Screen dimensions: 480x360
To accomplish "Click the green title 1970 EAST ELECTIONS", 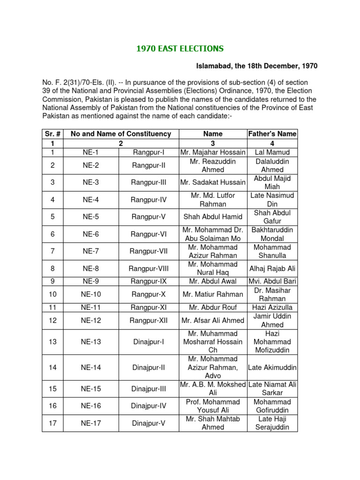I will [180, 49].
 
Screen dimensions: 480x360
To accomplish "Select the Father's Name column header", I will [272, 134].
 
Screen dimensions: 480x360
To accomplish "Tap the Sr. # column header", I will [53, 134].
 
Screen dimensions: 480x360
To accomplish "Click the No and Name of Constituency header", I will [121, 134].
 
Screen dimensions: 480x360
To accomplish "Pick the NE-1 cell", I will [91, 152].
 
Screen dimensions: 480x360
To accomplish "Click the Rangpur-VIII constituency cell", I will [149, 269].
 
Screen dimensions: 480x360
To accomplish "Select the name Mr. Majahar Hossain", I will [213, 152].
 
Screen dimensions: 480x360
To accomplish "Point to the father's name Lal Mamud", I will [272, 152].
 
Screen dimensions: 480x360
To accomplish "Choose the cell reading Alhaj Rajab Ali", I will [272, 269].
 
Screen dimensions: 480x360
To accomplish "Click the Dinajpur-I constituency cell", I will [149, 342].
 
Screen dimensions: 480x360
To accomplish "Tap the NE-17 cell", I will [91, 423].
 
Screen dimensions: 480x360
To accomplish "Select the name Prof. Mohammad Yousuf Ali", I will [213, 406].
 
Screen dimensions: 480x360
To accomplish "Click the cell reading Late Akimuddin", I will [272, 367].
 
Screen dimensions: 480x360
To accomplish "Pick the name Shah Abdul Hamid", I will [213, 217].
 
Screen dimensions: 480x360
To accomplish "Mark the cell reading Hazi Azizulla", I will [272, 307].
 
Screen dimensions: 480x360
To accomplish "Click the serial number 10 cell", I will [53, 294].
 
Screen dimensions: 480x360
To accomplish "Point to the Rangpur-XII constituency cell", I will [149, 321].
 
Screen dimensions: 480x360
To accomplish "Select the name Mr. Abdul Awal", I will [213, 282].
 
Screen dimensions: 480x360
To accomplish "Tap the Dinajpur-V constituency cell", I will [149, 423].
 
